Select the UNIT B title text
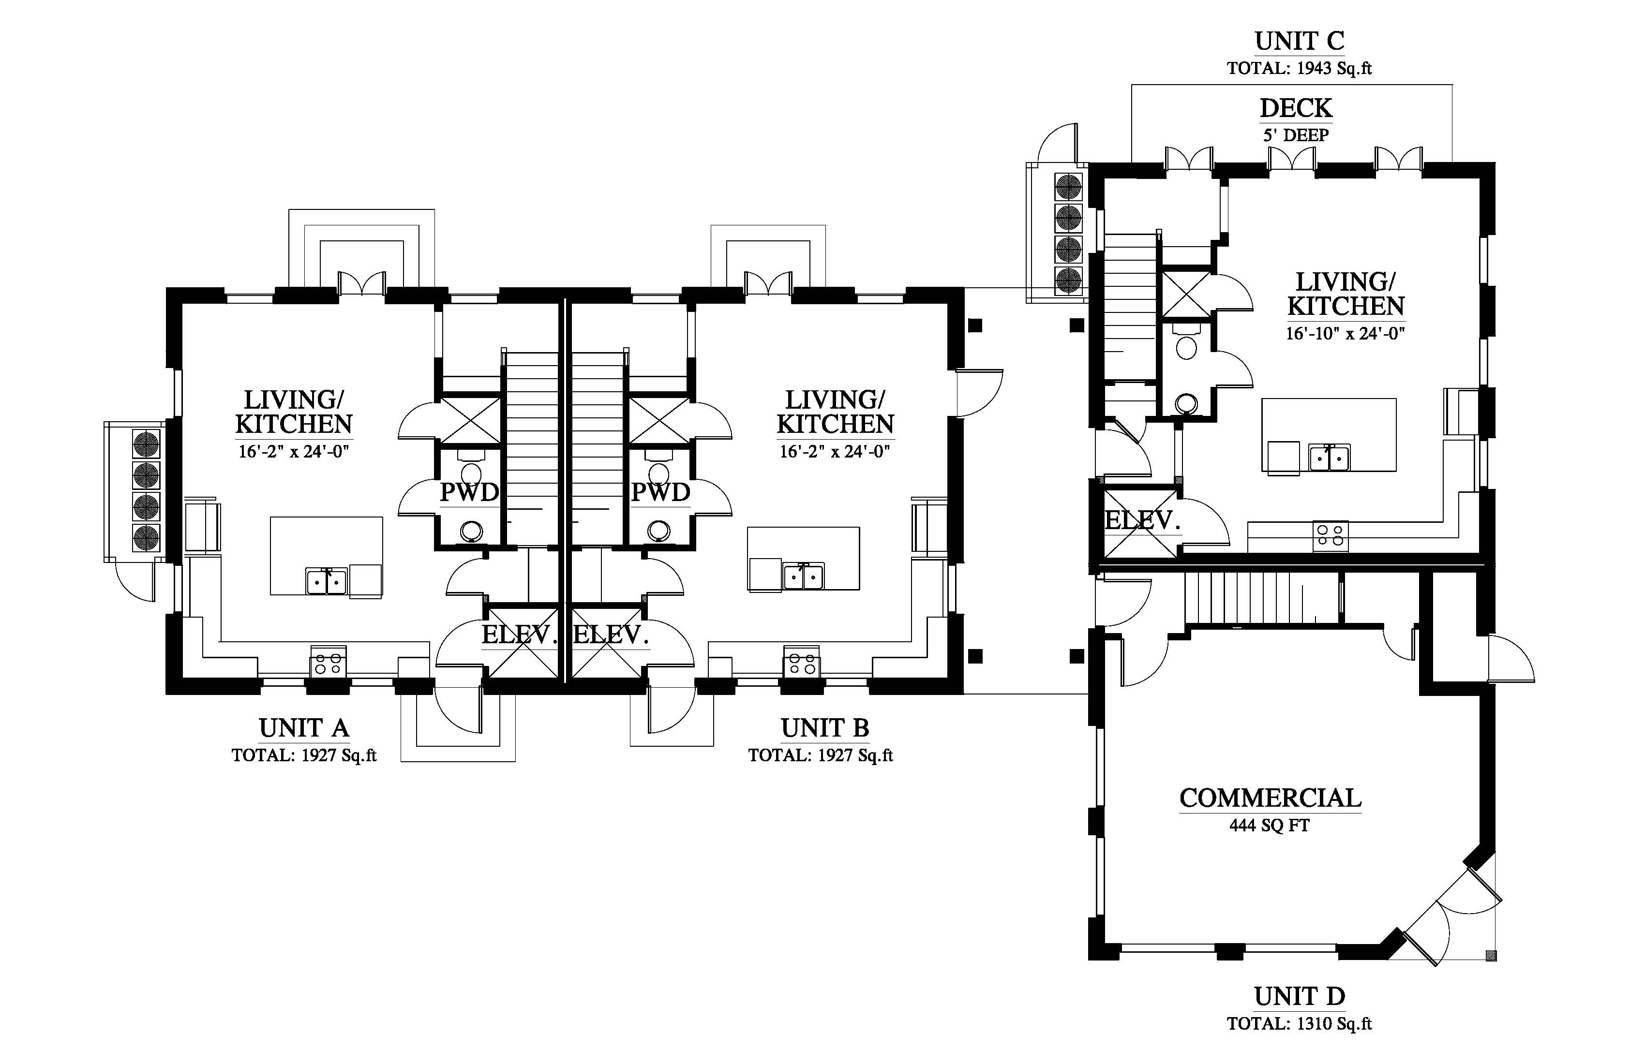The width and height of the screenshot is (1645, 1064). point(824,728)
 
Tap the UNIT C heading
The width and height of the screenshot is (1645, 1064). point(1300,42)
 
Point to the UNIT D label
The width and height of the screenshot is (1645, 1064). point(1300,997)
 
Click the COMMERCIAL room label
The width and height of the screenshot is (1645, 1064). point(1271,798)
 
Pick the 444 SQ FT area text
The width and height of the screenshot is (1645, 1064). point(1270,826)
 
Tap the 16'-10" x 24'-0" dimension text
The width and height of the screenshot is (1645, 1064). point(1346,334)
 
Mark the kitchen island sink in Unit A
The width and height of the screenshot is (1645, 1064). point(326,580)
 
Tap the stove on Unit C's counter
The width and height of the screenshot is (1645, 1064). point(1331,536)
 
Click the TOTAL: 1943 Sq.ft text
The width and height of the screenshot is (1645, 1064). point(1300,68)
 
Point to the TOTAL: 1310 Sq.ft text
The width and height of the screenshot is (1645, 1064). point(1300,1024)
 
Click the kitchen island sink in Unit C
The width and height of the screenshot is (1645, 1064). point(1329,458)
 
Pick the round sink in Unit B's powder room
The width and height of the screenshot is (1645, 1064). point(658,531)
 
